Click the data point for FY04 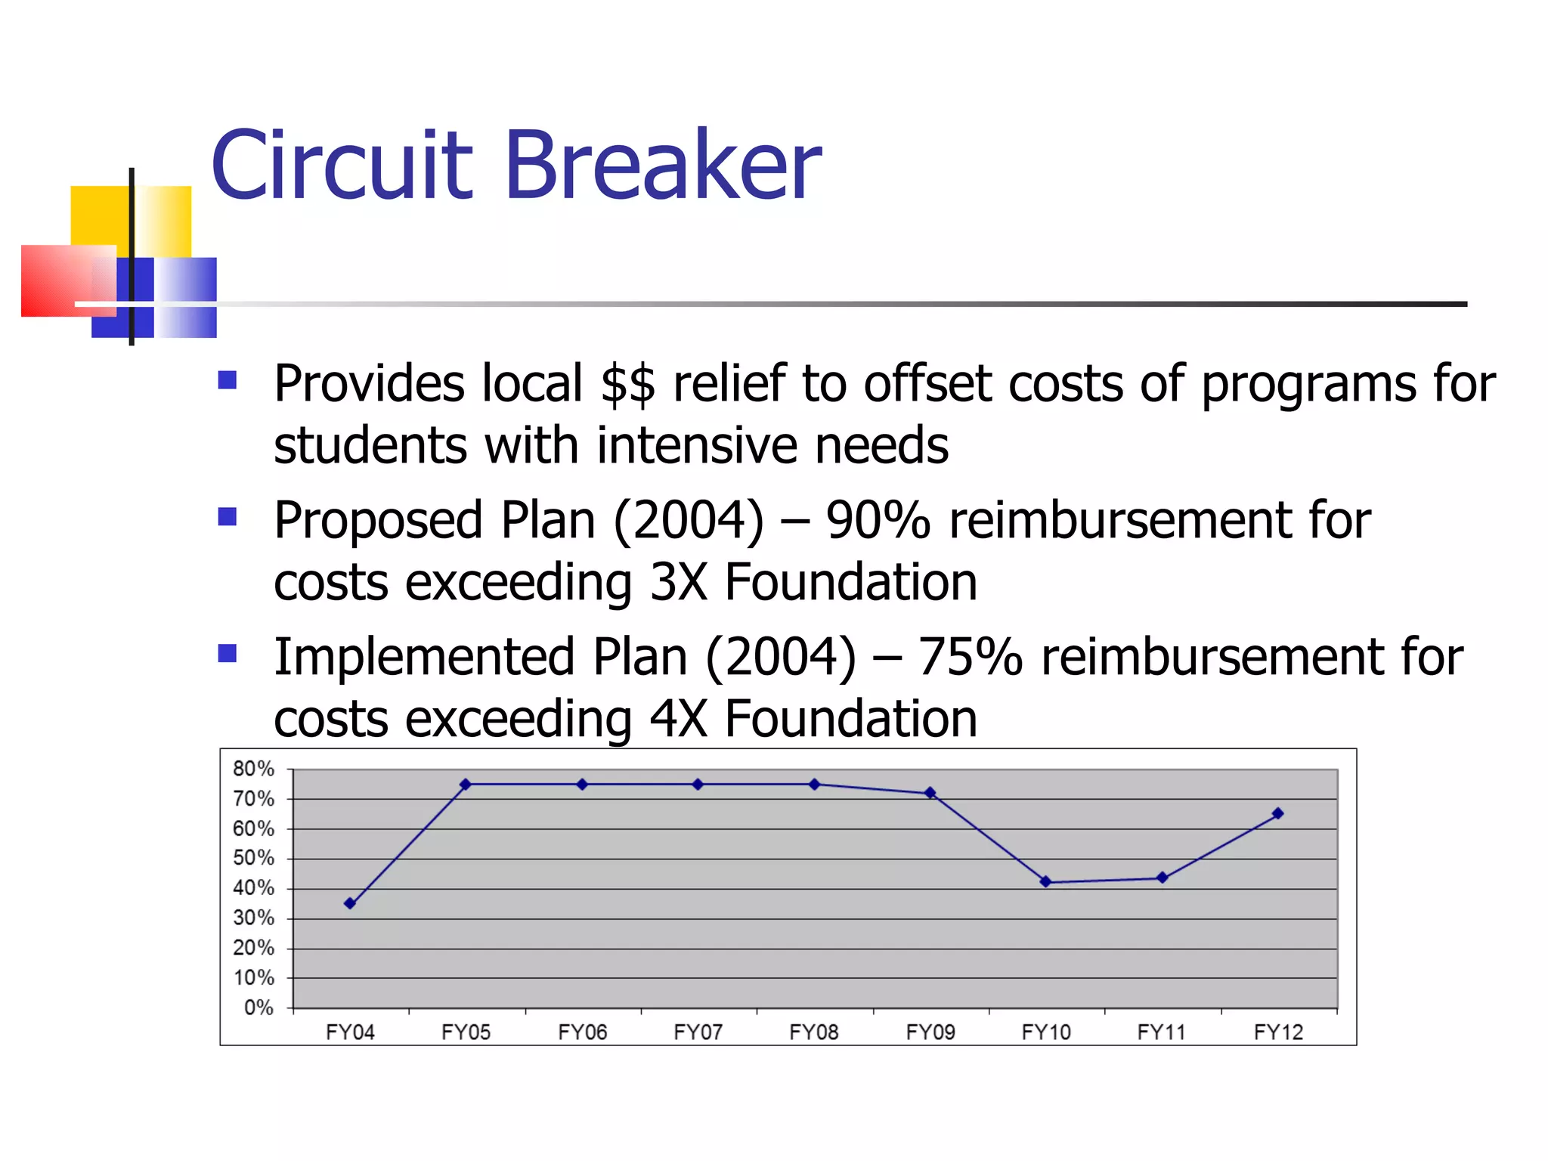coord(349,903)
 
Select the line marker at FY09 coord(930,793)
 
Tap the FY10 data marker coord(1045,881)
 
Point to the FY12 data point coord(1277,813)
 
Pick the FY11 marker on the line coord(1162,878)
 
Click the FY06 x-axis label coord(582,1032)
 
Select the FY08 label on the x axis coord(814,1032)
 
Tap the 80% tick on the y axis coord(253,769)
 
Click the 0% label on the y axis coord(259,1008)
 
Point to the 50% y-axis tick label coord(253,858)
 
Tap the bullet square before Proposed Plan coord(227,516)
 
